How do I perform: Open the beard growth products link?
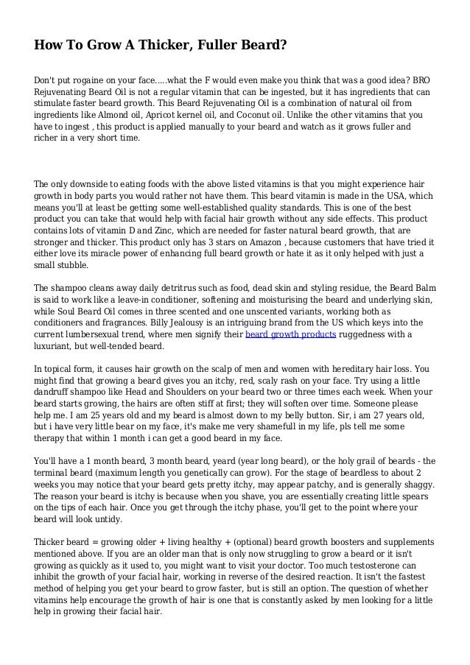click(x=290, y=334)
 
